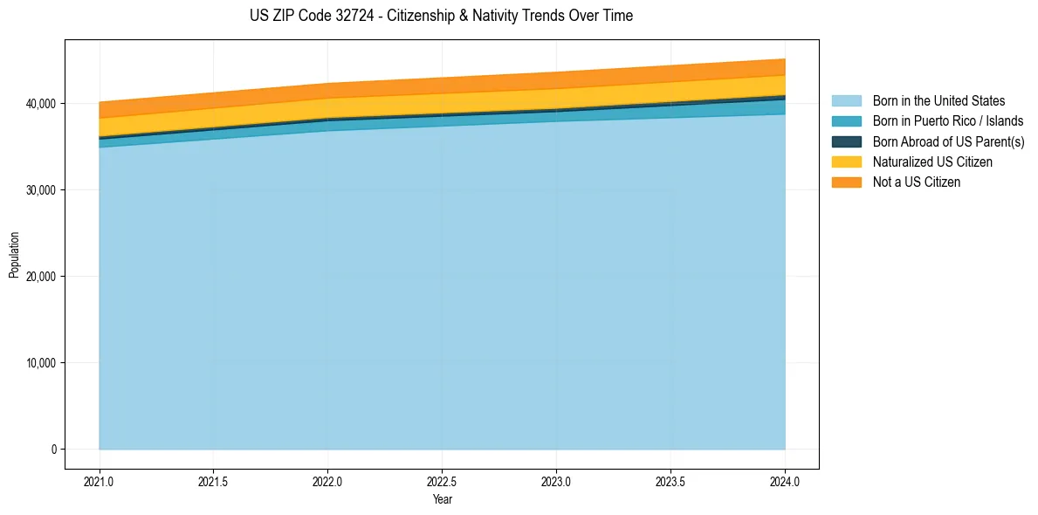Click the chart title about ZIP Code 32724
pyautogui.click(x=441, y=16)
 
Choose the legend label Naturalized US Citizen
pyautogui.click(x=932, y=162)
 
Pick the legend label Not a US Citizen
pyautogui.click(x=917, y=182)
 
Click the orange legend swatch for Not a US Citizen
pyautogui.click(x=846, y=182)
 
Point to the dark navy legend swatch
pyautogui.click(x=846, y=141)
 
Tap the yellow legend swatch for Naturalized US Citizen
pyautogui.click(x=846, y=162)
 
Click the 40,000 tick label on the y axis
pyautogui.click(x=40, y=104)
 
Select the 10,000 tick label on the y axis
pyautogui.click(x=40, y=363)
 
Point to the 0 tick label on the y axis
pyautogui.click(x=52, y=450)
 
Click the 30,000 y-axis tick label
pyautogui.click(x=40, y=190)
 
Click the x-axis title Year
pyautogui.click(x=442, y=500)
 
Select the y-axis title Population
pyautogui.click(x=14, y=254)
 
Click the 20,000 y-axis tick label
pyautogui.click(x=40, y=277)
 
